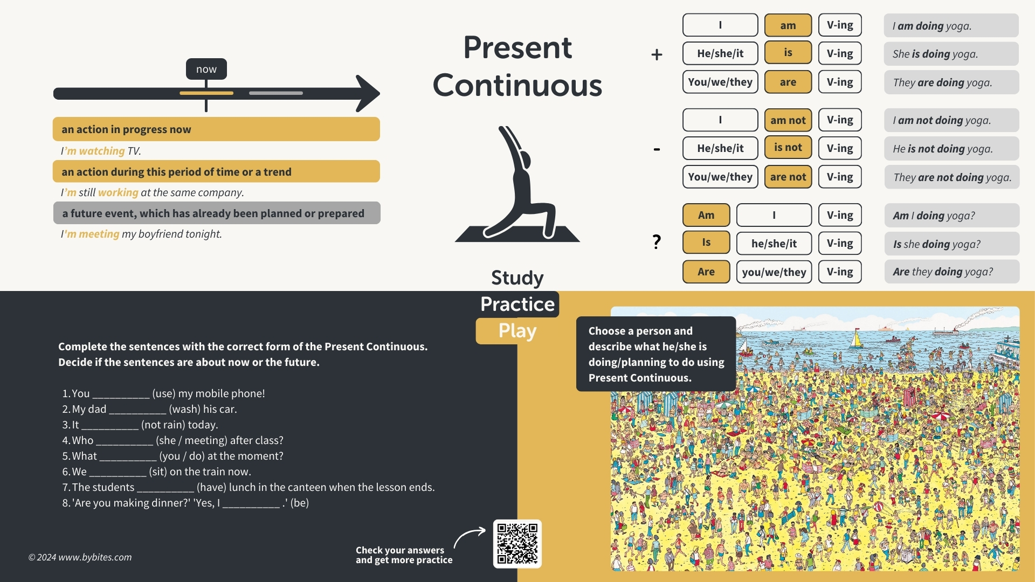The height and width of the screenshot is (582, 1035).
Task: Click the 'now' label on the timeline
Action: pyautogui.click(x=206, y=69)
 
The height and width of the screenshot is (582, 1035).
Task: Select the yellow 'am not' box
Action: pyautogui.click(x=788, y=120)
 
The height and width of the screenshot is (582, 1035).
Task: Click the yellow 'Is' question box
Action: pyautogui.click(x=706, y=242)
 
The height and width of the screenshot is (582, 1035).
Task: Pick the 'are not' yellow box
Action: pyautogui.click(x=788, y=177)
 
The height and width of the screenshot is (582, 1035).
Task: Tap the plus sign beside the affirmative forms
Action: pyautogui.click(x=657, y=54)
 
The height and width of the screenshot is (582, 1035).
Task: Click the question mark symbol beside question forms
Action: pyautogui.click(x=657, y=242)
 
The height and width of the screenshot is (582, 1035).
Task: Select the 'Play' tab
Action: pyautogui.click(x=517, y=331)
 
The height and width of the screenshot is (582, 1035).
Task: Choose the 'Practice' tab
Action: pyautogui.click(x=517, y=304)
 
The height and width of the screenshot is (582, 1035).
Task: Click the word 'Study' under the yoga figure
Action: pyautogui.click(x=517, y=278)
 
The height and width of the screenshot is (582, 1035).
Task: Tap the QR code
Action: pyautogui.click(x=517, y=544)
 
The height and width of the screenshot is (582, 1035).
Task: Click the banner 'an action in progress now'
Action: pyautogui.click(x=216, y=129)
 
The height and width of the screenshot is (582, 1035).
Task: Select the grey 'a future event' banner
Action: pyautogui.click(x=217, y=213)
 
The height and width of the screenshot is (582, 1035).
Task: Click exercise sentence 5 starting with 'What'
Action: pyautogui.click(x=172, y=456)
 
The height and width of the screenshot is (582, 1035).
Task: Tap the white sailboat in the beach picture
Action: pyautogui.click(x=855, y=339)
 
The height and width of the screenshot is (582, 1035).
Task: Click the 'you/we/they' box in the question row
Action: pyautogui.click(x=774, y=272)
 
